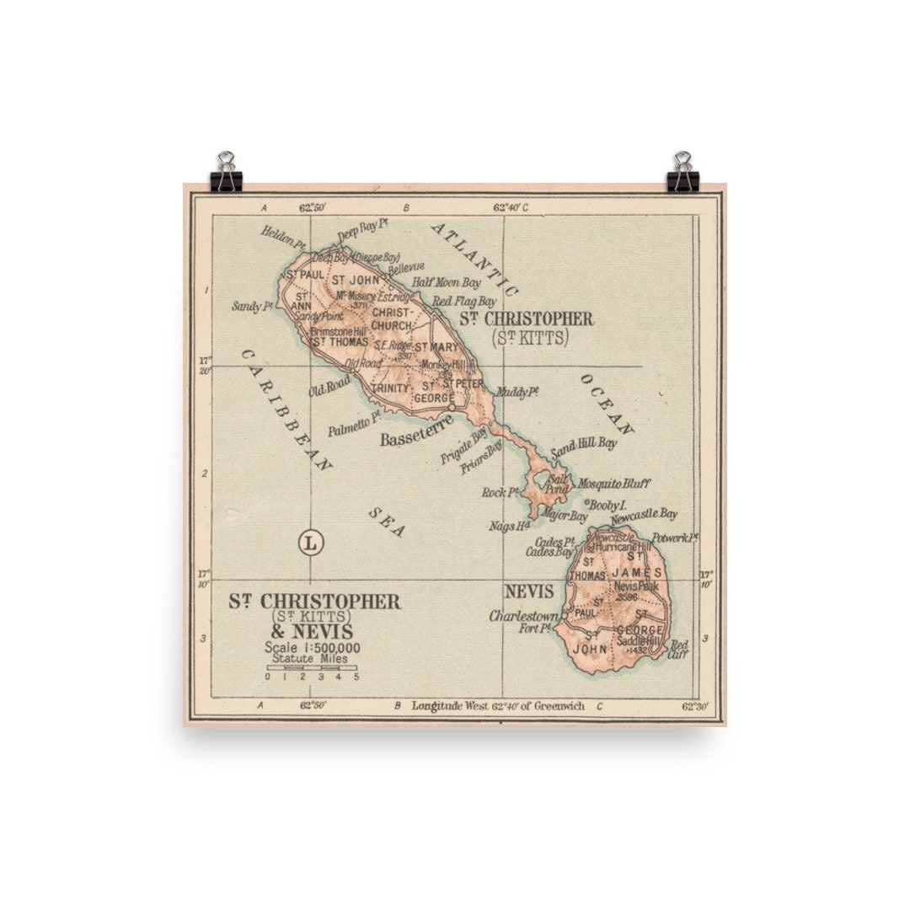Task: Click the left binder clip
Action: pyautogui.click(x=226, y=173)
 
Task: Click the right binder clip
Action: pyautogui.click(x=682, y=173)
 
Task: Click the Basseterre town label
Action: pyautogui.click(x=416, y=439)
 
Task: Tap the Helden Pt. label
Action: pyautogui.click(x=282, y=235)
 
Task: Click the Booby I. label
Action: pyautogui.click(x=608, y=504)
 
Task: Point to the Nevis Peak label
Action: pyautogui.click(x=634, y=586)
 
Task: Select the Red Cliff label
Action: pyautogui.click(x=678, y=649)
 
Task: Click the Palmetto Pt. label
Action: pyautogui.click(x=355, y=421)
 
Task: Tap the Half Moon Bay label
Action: pyautogui.click(x=447, y=282)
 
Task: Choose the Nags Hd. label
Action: pyautogui.click(x=508, y=527)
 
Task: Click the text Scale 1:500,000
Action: pyautogui.click(x=312, y=647)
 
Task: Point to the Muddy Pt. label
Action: pyautogui.click(x=517, y=392)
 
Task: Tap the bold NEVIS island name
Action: pyautogui.click(x=529, y=591)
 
